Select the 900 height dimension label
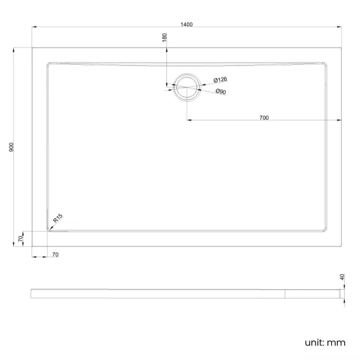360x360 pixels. (12, 147)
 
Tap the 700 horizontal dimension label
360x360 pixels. (264, 117)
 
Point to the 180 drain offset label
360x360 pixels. (164, 38)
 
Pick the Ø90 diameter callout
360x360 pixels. (220, 92)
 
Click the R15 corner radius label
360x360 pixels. (58, 220)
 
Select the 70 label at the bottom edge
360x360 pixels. (55, 254)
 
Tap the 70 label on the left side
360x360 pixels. (20, 239)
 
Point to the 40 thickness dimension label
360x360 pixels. (342, 277)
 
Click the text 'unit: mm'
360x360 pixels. (325, 342)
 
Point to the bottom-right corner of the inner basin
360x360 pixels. (327, 231)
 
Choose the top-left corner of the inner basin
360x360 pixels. (48, 63)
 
